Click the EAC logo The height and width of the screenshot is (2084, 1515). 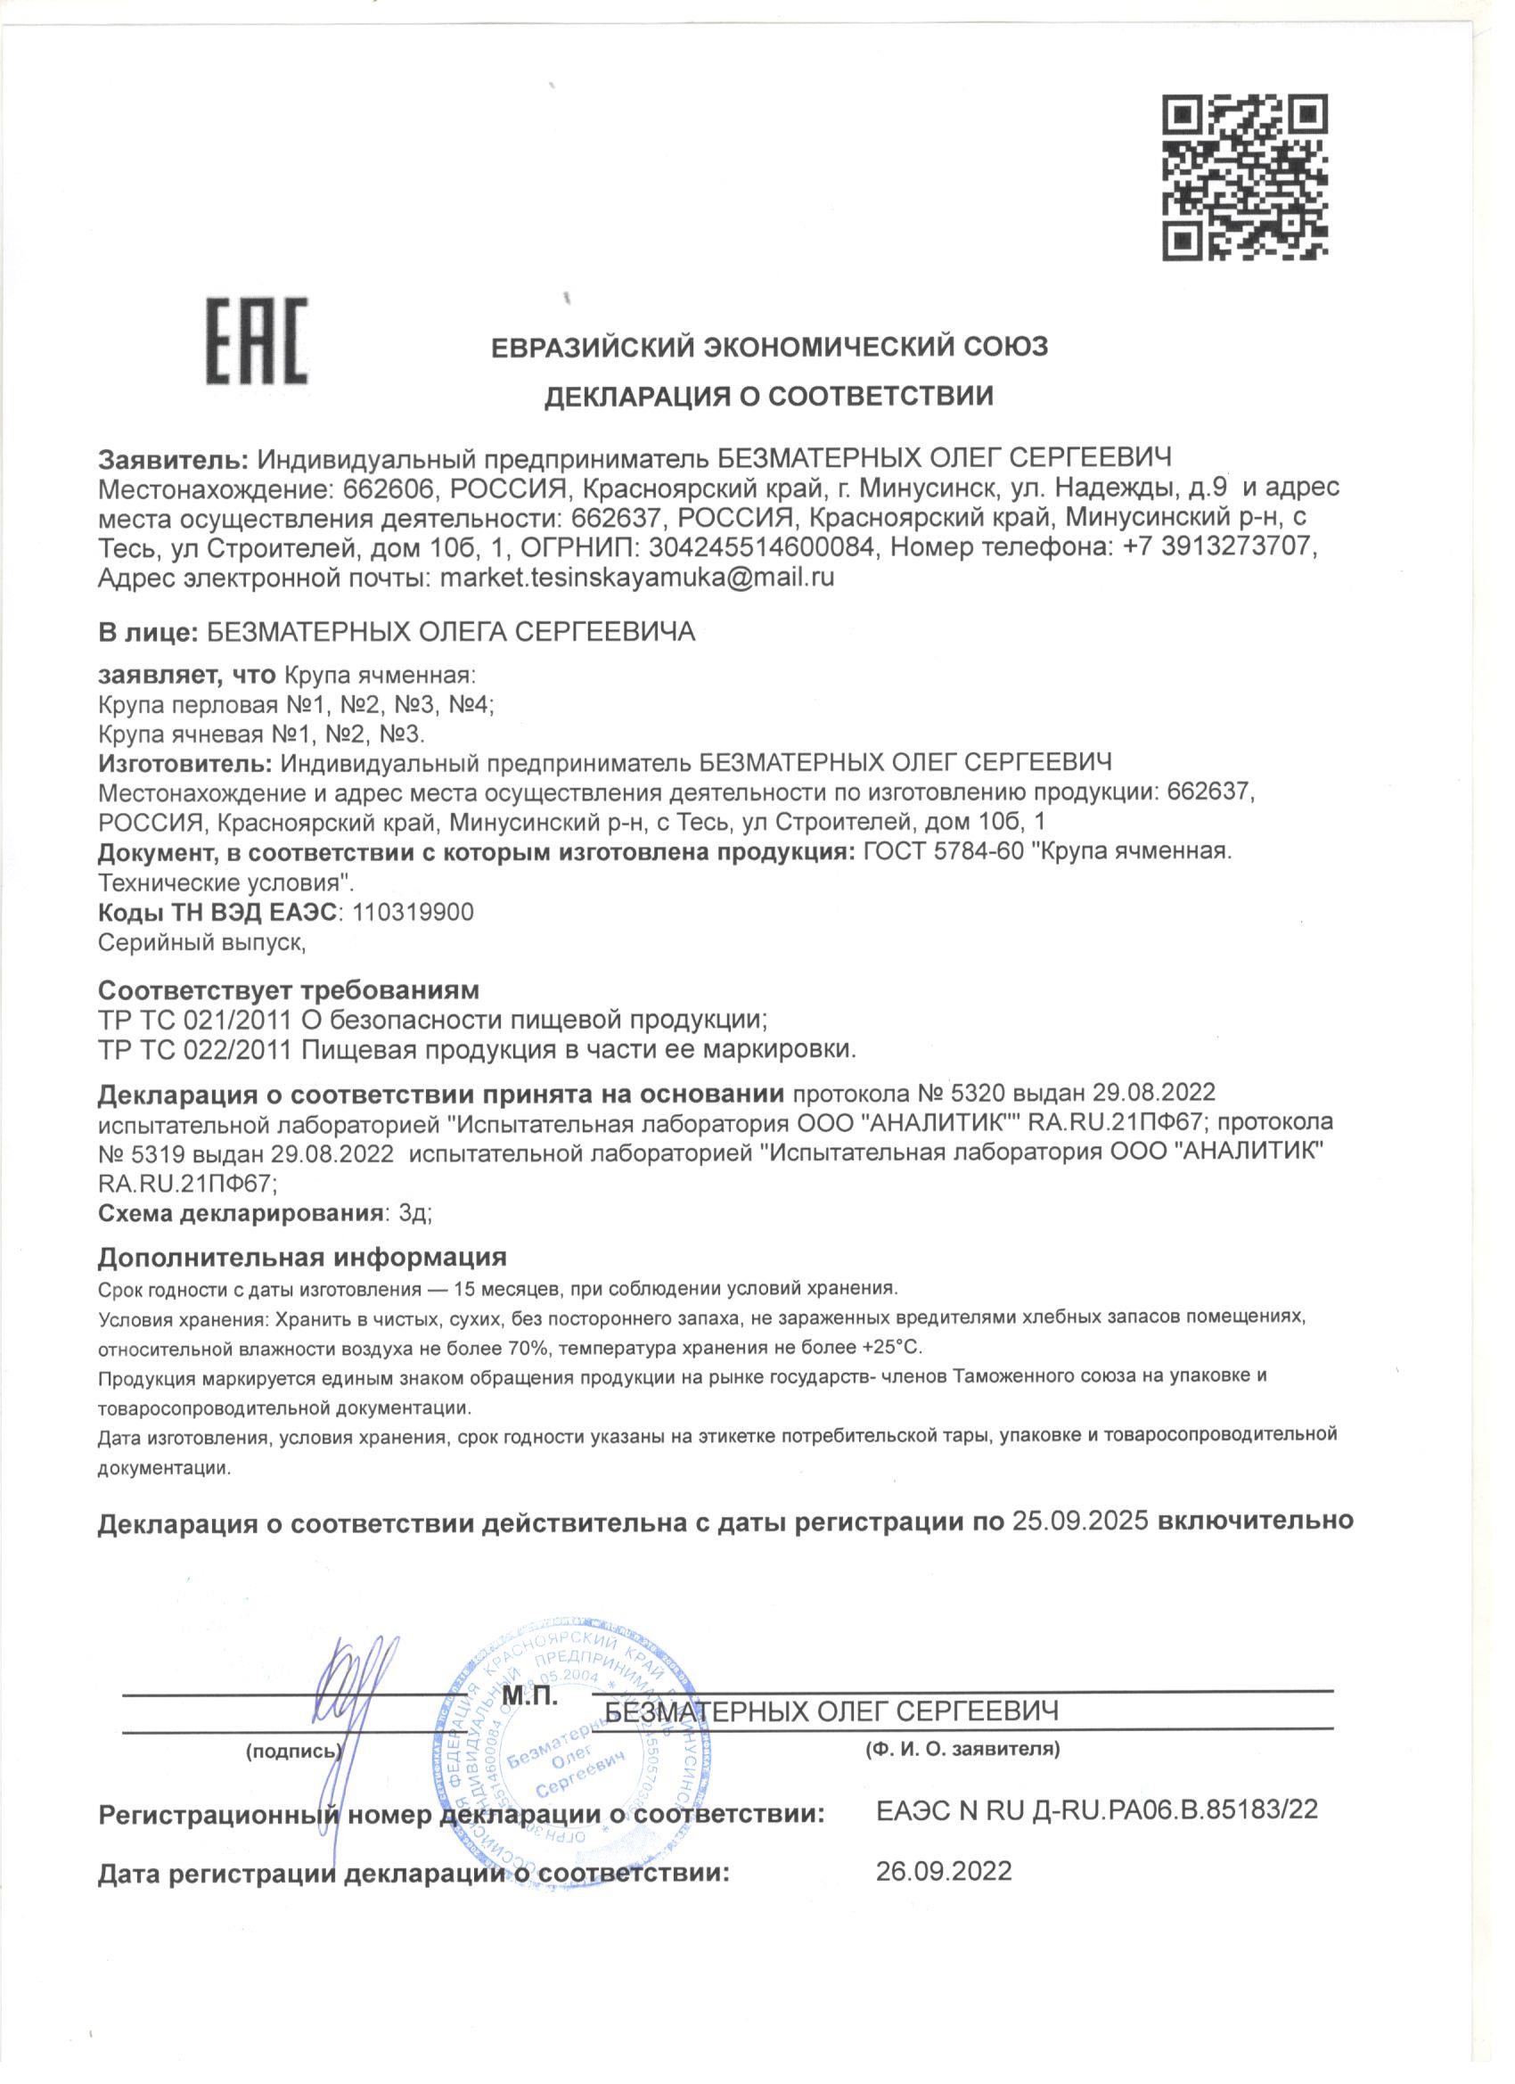coord(257,340)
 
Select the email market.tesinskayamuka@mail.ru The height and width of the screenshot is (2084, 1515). coord(636,578)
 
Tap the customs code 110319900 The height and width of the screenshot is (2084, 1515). coord(407,914)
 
